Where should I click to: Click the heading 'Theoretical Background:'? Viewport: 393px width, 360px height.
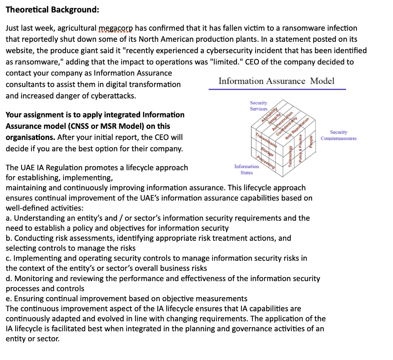tap(52, 10)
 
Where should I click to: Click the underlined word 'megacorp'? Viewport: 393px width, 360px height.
tap(116, 28)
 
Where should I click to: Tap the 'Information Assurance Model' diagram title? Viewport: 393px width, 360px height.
tap(276, 81)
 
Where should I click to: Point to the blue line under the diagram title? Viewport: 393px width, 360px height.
tap(277, 89)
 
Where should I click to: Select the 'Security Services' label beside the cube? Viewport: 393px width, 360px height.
tap(259, 106)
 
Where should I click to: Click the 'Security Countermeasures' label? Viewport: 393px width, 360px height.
tap(339, 135)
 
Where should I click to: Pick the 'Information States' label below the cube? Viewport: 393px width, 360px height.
tap(246, 169)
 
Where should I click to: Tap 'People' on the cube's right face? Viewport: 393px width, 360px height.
tap(311, 140)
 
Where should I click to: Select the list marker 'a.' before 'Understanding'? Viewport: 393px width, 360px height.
tap(9, 218)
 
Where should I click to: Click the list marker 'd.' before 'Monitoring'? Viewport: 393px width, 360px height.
tap(9, 279)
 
